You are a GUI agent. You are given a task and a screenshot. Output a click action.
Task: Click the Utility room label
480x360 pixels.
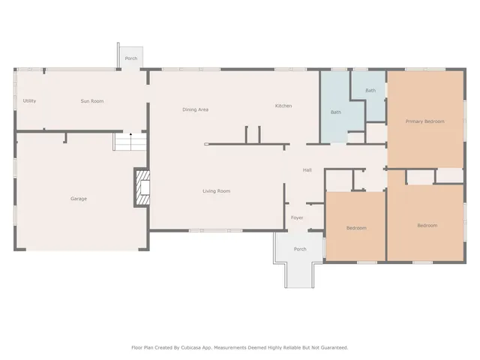pos(29,100)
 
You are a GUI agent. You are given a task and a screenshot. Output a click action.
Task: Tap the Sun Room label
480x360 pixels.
pos(92,100)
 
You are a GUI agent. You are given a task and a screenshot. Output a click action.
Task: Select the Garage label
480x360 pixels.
pos(79,199)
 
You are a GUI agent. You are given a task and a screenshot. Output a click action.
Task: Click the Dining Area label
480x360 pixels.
pos(195,109)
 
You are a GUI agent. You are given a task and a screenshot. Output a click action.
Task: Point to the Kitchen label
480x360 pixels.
pos(283,106)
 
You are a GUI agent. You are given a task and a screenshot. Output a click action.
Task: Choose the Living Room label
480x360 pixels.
pos(216,191)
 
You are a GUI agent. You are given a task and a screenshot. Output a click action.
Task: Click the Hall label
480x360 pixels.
pos(307,170)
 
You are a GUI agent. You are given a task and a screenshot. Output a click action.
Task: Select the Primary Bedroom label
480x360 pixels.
pos(424,121)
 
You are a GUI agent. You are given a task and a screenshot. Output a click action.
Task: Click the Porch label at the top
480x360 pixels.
pos(131,58)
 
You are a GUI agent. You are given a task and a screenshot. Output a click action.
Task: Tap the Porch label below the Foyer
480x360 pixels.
pos(300,249)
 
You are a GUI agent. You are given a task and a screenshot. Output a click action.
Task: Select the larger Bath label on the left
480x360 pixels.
pos(336,112)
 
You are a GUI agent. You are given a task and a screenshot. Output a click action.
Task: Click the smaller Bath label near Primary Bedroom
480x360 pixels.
pos(370,91)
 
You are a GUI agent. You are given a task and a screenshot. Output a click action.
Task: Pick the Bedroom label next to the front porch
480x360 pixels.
pos(356,228)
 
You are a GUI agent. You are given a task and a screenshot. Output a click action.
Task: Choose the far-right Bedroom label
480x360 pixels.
pos(427,225)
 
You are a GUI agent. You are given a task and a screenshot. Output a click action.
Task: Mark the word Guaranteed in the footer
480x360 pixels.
pos(331,347)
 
